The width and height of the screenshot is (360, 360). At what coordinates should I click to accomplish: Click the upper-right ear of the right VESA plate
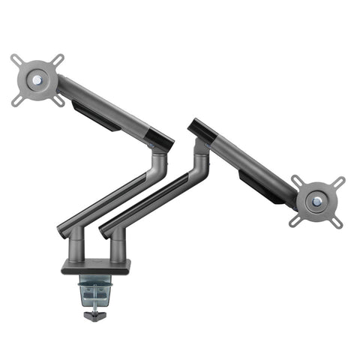click(340, 181)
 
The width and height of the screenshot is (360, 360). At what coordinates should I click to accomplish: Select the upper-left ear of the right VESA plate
click(298, 181)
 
